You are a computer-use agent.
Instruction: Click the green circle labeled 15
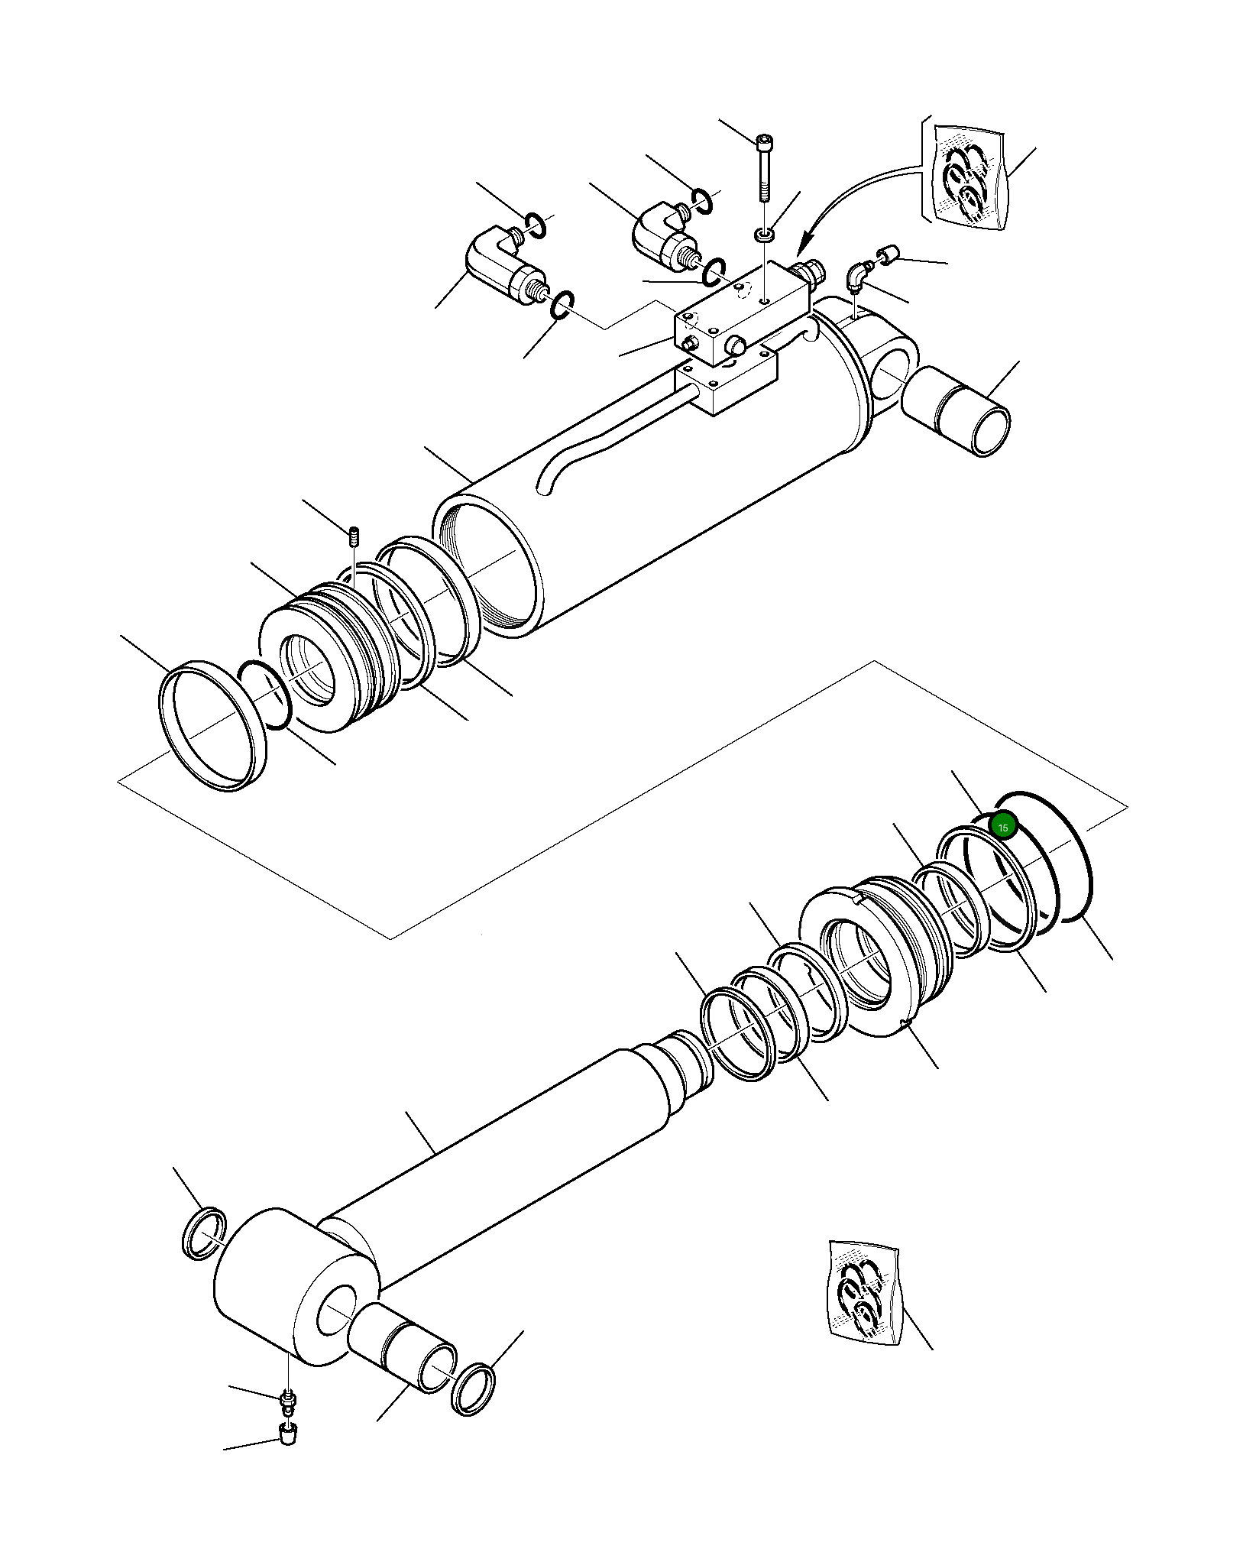(x=1002, y=827)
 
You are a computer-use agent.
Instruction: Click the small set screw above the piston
(x=353, y=537)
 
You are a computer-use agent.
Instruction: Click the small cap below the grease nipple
(x=287, y=1433)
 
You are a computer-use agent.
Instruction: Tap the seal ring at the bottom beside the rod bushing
(x=474, y=1388)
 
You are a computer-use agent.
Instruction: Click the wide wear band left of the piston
(x=212, y=724)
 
